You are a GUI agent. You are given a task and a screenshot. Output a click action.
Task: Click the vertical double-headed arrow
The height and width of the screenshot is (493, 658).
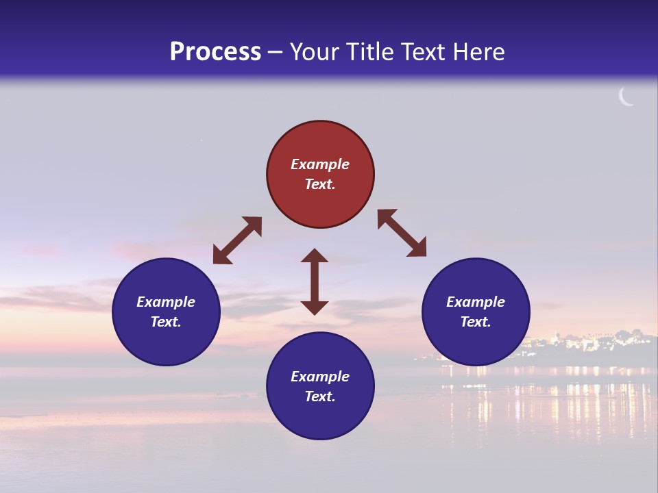click(315, 281)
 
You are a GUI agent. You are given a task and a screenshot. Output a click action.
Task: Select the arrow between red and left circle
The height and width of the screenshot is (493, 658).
click(237, 240)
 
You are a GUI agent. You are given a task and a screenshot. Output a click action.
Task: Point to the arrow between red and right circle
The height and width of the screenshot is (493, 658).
click(402, 233)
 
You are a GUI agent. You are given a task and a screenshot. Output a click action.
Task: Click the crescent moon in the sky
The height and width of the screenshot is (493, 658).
click(625, 97)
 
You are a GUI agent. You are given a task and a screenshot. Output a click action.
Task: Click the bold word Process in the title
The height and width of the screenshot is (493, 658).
click(215, 51)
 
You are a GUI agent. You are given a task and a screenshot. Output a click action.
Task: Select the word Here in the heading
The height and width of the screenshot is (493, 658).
click(478, 51)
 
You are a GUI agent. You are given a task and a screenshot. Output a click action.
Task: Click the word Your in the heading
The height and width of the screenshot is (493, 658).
click(314, 51)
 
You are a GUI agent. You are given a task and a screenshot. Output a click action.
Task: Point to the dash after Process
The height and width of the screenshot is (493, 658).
click(276, 52)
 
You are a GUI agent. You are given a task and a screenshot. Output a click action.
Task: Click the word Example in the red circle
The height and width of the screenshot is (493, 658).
click(320, 164)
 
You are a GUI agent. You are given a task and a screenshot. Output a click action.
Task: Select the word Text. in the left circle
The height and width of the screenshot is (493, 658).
click(166, 322)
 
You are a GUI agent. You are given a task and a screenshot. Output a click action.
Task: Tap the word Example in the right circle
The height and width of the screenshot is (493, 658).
click(476, 302)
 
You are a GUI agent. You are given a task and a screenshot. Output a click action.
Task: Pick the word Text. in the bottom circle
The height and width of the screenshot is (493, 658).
click(320, 396)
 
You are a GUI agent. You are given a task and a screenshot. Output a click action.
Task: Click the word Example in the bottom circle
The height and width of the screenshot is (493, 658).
click(320, 377)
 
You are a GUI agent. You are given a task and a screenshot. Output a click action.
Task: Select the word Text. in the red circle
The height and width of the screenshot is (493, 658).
click(320, 184)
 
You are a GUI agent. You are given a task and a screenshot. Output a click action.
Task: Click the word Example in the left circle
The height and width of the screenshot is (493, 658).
click(166, 302)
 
